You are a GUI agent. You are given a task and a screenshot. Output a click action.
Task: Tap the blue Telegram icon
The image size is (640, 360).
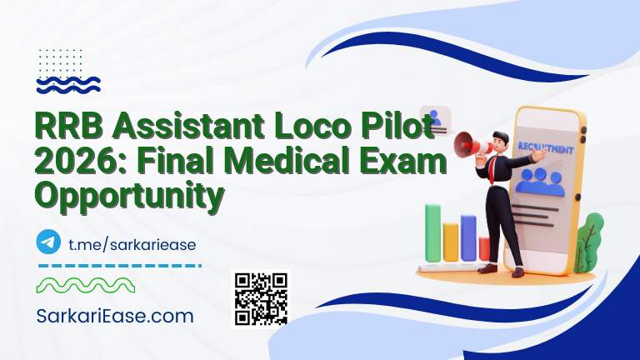(49, 242)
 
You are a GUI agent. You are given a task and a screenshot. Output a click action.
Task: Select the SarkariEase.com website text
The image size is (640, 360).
(116, 316)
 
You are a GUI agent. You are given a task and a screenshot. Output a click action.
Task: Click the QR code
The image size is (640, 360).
(260, 298)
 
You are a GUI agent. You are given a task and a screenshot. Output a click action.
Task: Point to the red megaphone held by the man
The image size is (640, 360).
(467, 143)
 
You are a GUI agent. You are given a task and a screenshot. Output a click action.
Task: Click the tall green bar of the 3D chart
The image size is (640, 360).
(432, 234)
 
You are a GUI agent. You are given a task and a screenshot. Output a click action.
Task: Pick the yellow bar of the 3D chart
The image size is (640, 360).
(451, 242)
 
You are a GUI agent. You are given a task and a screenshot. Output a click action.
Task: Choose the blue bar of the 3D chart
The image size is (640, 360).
(468, 238)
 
